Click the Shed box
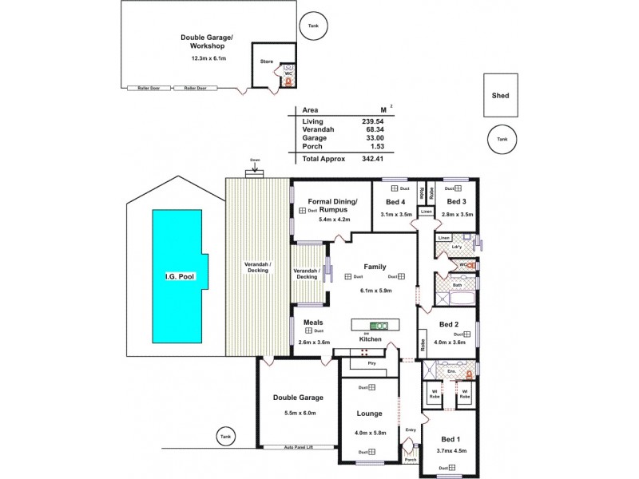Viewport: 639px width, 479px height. click(501, 95)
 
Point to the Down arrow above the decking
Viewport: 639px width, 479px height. click(255, 167)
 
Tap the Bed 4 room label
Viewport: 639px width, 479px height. click(396, 202)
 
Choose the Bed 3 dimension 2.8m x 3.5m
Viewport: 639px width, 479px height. click(458, 215)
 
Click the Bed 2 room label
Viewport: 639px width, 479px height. click(449, 324)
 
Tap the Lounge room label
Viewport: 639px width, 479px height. click(370, 414)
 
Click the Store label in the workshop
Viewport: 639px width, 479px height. click(267, 61)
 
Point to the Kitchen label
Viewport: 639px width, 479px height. click(370, 339)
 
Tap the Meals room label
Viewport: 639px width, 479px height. click(313, 323)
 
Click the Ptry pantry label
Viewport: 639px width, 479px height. click(371, 363)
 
